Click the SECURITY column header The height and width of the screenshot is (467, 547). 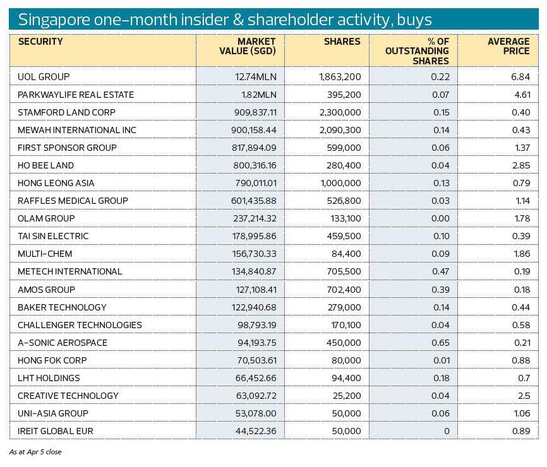point(40,42)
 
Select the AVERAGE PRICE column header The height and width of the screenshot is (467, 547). point(508,46)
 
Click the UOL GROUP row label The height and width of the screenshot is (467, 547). point(44,77)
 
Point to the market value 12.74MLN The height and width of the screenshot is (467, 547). point(256,77)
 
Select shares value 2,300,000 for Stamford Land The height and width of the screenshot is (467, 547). point(340,112)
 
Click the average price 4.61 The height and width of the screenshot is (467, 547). point(522,95)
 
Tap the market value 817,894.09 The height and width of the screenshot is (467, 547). point(250,148)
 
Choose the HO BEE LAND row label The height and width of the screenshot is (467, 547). point(46,165)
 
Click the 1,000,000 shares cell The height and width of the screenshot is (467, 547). point(340,183)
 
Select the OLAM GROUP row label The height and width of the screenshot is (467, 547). point(46,218)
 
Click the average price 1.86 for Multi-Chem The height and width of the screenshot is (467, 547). point(522,254)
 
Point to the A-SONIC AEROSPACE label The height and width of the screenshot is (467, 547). point(63,343)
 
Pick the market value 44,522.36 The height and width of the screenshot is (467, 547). point(252,431)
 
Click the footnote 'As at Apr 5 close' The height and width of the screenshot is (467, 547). point(35,452)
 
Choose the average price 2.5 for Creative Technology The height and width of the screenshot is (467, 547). point(524,396)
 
